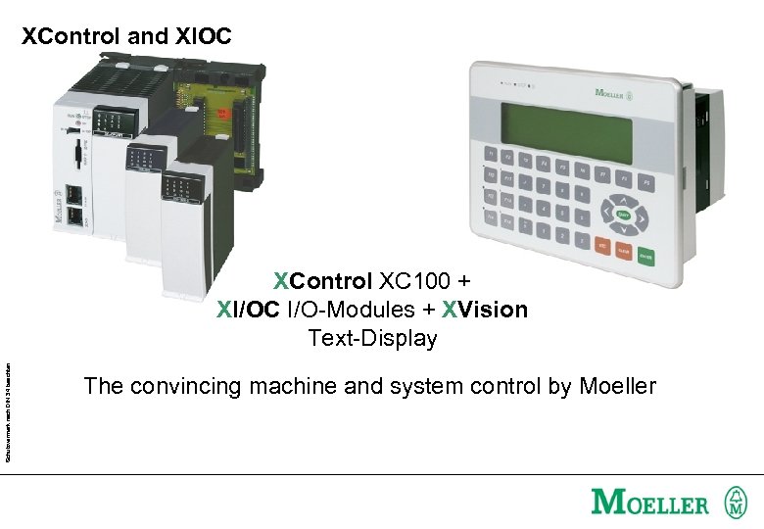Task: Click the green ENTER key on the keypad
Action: click(645, 257)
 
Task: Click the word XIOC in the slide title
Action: click(204, 37)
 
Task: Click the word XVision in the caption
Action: click(484, 311)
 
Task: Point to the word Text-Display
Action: click(372, 339)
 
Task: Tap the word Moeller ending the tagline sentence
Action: click(617, 387)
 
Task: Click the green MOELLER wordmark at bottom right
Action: click(649, 504)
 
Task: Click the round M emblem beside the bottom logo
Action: click(735, 503)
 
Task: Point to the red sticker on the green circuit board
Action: click(223, 115)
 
